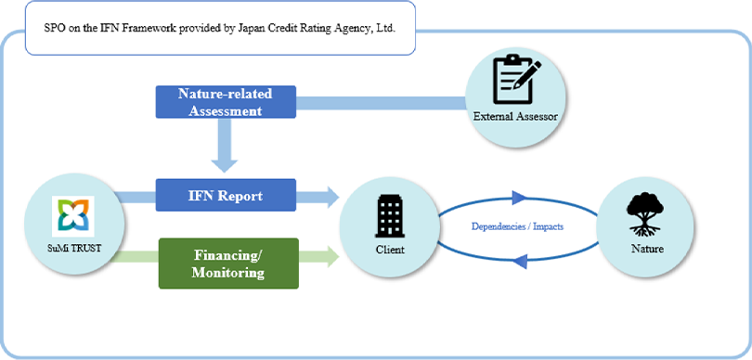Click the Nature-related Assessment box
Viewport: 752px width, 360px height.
(x=226, y=102)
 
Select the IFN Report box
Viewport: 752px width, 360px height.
(x=227, y=196)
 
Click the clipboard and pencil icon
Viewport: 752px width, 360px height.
(x=516, y=79)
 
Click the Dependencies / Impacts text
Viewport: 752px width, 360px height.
(x=517, y=226)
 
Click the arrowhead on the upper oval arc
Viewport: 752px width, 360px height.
(x=518, y=197)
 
